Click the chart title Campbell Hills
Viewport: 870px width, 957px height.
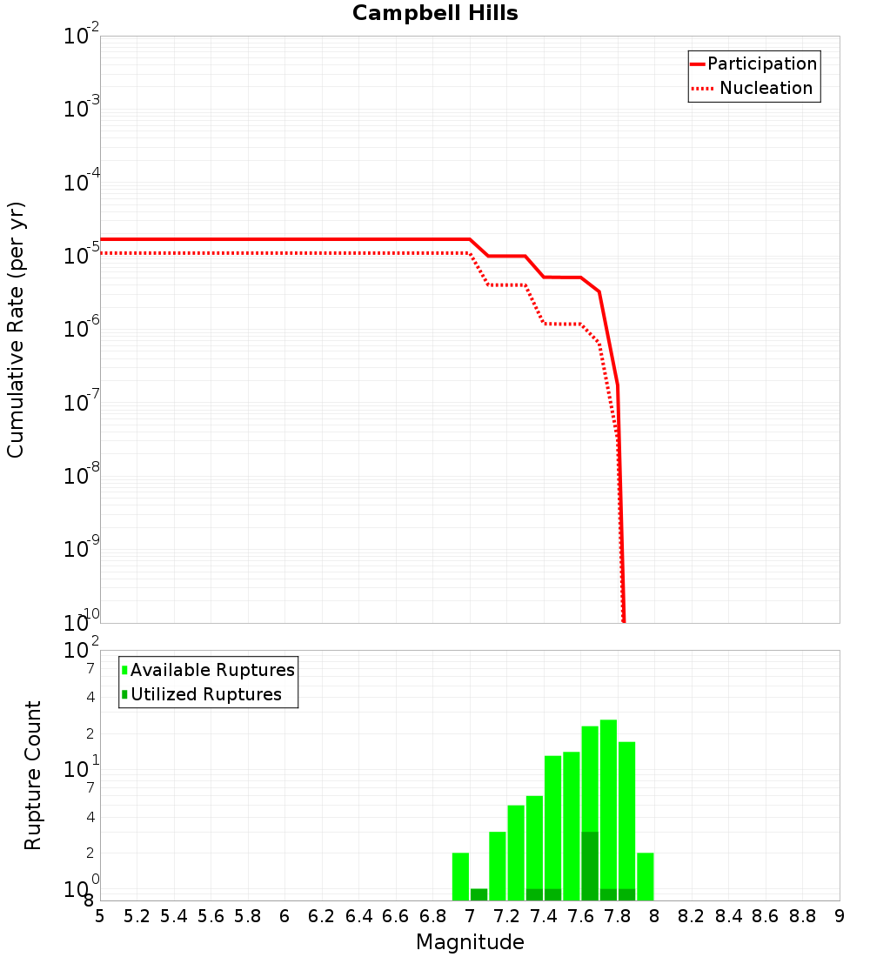click(x=435, y=13)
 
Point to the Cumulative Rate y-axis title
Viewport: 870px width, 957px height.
click(x=16, y=330)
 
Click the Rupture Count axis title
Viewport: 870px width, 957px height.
click(x=33, y=775)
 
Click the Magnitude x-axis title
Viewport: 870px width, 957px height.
click(x=470, y=942)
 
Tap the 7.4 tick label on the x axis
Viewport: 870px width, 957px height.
click(x=544, y=916)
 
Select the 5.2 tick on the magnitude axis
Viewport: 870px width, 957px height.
click(x=137, y=916)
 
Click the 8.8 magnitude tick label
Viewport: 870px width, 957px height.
click(x=802, y=916)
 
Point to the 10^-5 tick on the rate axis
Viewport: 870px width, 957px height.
click(x=82, y=256)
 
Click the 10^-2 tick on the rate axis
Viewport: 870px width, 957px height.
click(x=82, y=37)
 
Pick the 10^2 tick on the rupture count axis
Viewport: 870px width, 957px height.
click(x=82, y=651)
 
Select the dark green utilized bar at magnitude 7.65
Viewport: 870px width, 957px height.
click(x=590, y=866)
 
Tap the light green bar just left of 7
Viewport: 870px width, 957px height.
click(x=461, y=876)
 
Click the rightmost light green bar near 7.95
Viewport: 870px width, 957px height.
click(x=646, y=876)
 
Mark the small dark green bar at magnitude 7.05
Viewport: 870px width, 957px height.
click(x=479, y=894)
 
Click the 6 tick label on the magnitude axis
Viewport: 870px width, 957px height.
click(x=284, y=916)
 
